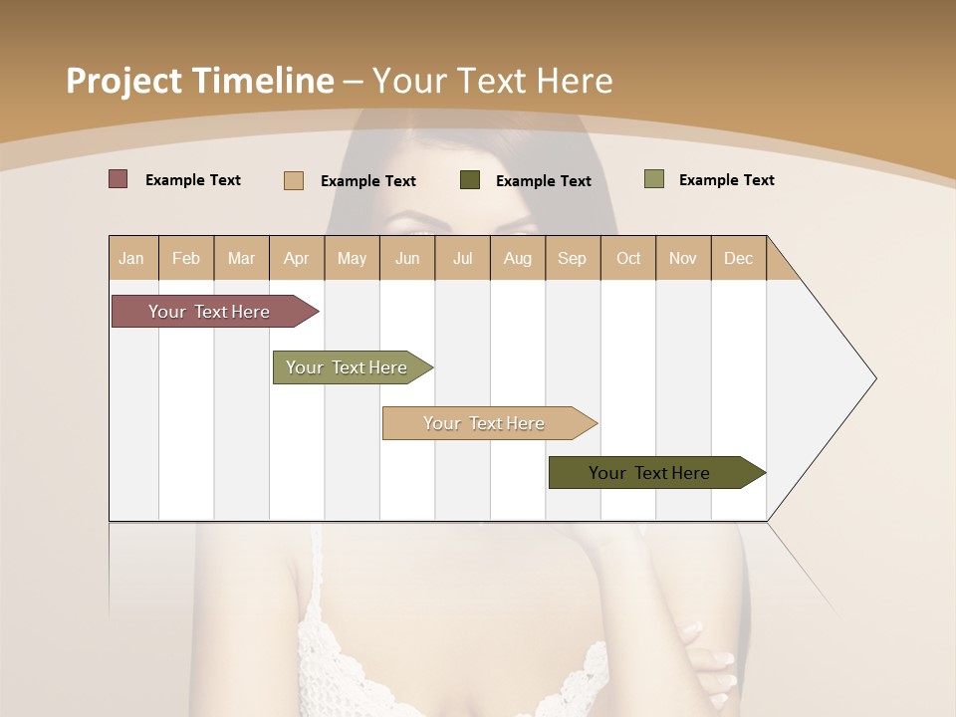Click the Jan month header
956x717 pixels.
coord(132,258)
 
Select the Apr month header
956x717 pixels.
coord(297,258)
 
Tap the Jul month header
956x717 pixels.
coord(462,258)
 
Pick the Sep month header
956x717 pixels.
coord(572,258)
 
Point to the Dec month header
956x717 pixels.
coord(738,258)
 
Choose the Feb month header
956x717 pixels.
coord(186,258)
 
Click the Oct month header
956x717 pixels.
coord(628,258)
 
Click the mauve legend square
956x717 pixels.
coord(119,179)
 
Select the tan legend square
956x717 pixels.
coord(294,180)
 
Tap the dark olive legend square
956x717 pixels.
coord(470,180)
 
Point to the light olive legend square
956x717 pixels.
coord(654,179)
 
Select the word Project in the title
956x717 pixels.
coord(123,81)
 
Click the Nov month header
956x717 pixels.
coord(683,258)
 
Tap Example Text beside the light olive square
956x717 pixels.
coord(727,179)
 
